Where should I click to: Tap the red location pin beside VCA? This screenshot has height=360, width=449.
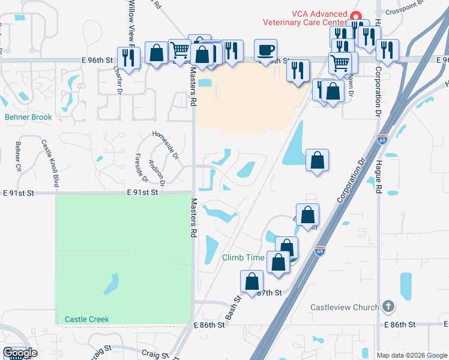coord(355,17)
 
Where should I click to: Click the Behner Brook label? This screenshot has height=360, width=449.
coord(29,117)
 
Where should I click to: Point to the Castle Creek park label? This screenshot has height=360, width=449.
coord(87,319)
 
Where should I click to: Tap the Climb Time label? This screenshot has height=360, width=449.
coord(243,257)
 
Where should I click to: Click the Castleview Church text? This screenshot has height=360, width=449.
coord(345,307)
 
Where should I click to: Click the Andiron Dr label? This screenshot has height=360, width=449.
coord(157,170)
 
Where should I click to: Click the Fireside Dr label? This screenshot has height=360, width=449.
coord(141,167)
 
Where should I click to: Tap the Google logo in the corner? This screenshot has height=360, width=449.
coord(20,353)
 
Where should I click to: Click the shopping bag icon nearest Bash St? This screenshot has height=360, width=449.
coord(252,281)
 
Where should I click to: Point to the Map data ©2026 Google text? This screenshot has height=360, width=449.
coord(411,355)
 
